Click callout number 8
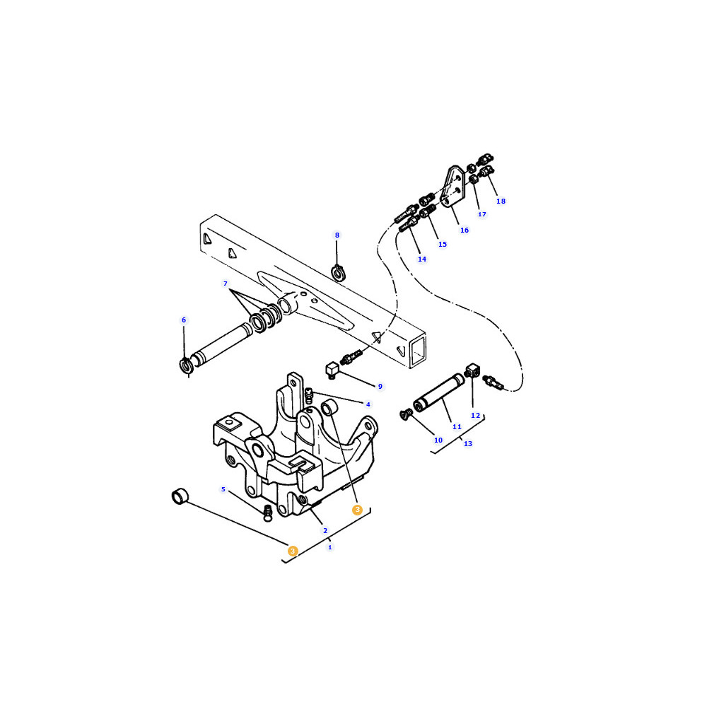coord(337,235)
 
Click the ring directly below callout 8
coord(338,273)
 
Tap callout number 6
coord(184,320)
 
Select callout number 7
coord(226,284)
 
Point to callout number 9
coord(380,387)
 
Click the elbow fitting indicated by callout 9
coord(332,370)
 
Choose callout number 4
coord(368,404)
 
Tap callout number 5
coord(223,489)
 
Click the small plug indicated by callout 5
coord(268,513)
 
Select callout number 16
coord(464,230)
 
